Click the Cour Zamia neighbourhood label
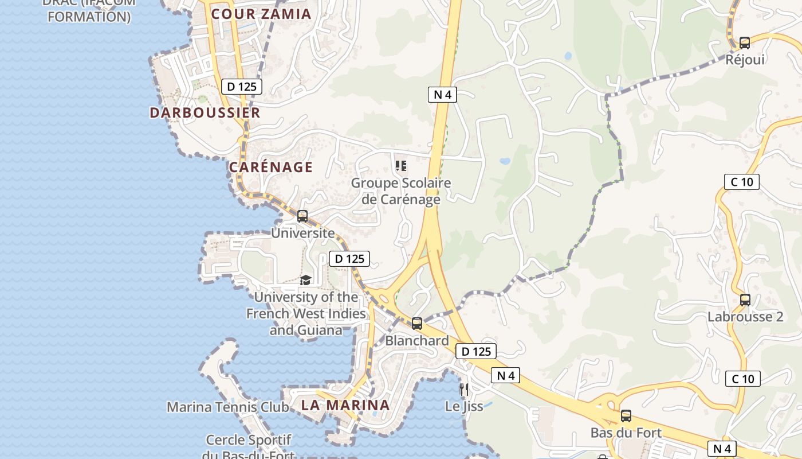point(261,14)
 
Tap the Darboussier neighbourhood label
point(205,112)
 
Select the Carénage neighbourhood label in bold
point(271,168)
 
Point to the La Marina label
point(345,405)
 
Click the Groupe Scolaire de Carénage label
point(401,191)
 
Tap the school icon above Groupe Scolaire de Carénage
point(401,166)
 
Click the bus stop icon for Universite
point(302,216)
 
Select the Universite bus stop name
point(302,233)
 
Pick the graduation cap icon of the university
point(305,280)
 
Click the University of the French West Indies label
point(306,313)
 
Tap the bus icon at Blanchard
point(417,324)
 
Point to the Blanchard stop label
point(417,341)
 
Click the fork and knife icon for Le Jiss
point(464,390)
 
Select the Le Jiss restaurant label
point(464,406)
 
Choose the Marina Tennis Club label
point(227,407)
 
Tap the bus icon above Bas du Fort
point(626,416)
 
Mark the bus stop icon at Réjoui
point(745,42)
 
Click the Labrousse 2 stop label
point(745,317)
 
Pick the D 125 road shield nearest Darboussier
point(242,87)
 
